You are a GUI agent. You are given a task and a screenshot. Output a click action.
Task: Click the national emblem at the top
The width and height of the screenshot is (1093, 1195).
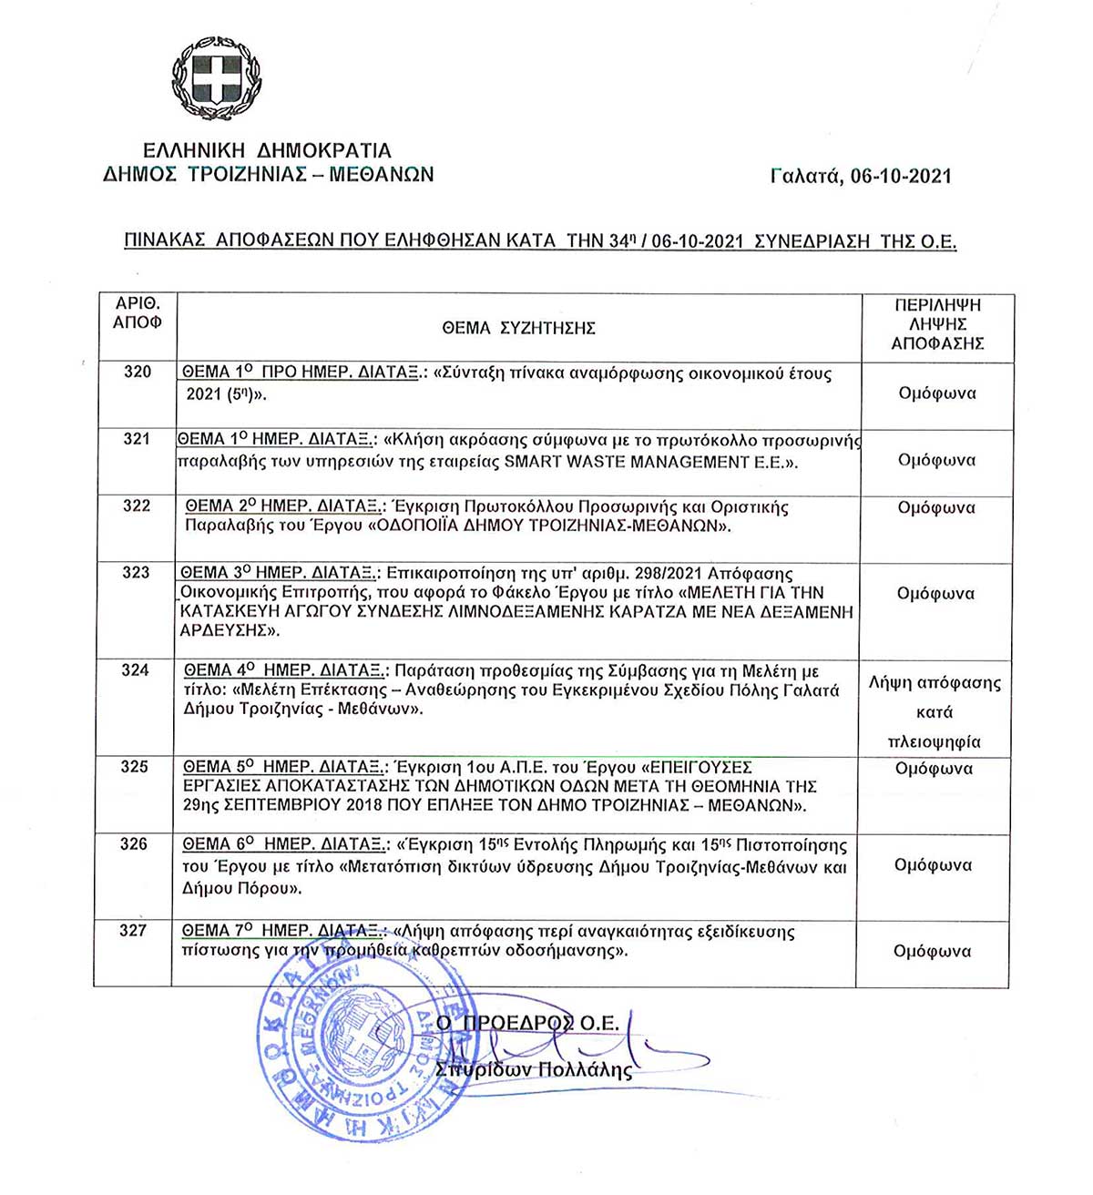[216, 78]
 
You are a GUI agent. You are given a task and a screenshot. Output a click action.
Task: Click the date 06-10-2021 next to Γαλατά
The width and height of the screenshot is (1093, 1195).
[901, 176]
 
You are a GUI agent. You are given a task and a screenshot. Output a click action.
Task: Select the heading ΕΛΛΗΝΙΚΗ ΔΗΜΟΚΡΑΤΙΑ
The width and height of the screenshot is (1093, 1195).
[267, 150]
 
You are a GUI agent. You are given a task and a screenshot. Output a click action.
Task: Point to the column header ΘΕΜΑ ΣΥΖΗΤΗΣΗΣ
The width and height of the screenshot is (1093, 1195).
[518, 328]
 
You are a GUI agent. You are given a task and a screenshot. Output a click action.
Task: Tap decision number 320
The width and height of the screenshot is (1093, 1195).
[138, 372]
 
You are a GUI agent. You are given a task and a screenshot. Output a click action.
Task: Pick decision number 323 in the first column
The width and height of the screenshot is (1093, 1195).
[136, 572]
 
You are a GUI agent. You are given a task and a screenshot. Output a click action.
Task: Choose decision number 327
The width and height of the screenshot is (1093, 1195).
[133, 930]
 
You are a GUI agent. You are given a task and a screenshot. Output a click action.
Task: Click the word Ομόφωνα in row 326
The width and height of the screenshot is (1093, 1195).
[934, 865]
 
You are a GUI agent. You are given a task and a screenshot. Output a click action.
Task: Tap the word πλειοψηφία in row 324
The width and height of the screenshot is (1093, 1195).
[935, 741]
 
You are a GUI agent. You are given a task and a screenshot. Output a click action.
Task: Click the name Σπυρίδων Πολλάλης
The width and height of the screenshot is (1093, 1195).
[534, 1069]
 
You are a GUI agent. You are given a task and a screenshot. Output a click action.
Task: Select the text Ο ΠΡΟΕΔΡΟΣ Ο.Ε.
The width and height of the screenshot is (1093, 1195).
[527, 1024]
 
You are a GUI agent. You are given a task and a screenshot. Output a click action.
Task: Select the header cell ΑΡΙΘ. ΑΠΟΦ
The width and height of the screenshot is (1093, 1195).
[137, 313]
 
